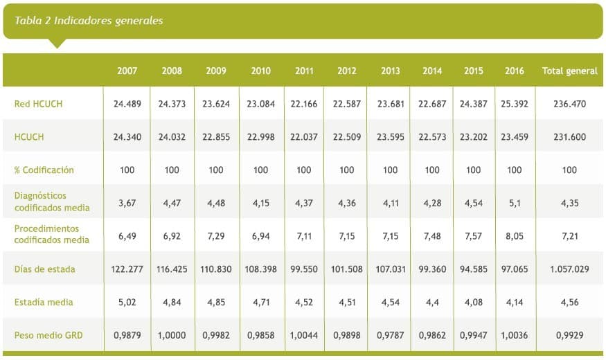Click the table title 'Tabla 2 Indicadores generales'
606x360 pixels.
pos(89,21)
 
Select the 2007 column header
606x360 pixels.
pos(127,71)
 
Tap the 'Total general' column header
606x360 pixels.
pos(569,71)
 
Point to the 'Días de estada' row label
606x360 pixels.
pos(45,269)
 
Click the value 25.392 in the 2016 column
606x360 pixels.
pos(514,105)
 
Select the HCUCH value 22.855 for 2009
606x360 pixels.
pos(216,137)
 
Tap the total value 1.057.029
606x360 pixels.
pos(569,269)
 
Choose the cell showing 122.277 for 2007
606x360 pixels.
pos(127,269)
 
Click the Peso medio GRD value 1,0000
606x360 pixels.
pos(172,335)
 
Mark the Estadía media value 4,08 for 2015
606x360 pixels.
pos(474,302)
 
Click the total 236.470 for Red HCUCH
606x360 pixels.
pos(569,105)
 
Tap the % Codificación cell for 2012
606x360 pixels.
pos(347,170)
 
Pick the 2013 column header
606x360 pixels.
pos(391,71)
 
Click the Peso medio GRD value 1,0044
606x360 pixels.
pos(304,335)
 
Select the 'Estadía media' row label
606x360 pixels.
pos(44,302)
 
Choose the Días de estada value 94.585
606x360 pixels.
pos(474,269)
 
